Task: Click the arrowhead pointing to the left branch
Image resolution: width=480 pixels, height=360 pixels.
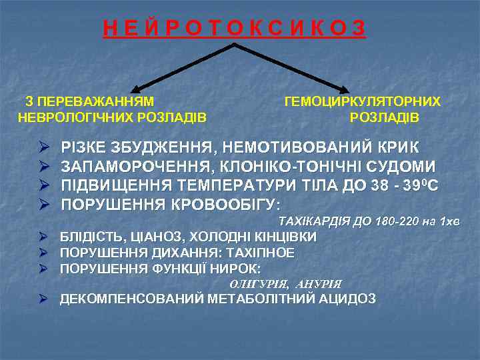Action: tap(134, 89)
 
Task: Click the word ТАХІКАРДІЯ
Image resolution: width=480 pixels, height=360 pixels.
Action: tap(315, 221)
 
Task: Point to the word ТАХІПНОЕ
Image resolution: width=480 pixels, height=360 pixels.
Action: tap(261, 253)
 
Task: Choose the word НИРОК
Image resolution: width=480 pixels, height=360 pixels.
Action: tap(239, 269)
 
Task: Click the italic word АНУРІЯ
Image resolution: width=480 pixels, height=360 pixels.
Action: tap(318, 284)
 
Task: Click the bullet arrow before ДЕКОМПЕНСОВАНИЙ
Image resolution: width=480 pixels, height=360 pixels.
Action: tap(43, 299)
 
